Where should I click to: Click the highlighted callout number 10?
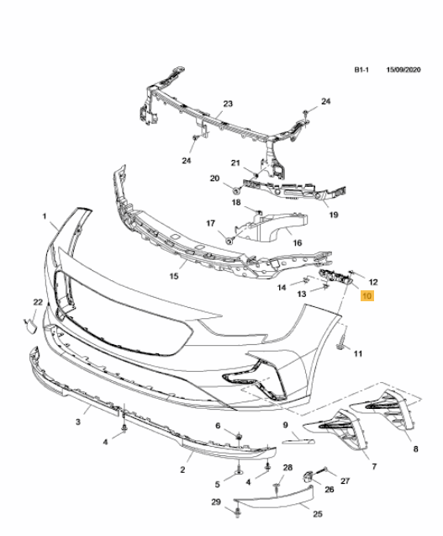[367, 295]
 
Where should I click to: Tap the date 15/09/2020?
[403, 70]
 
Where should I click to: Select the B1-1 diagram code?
[361, 70]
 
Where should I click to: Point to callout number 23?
[228, 103]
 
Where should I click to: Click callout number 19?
[334, 215]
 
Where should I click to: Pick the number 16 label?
[298, 242]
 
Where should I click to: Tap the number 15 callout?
[174, 276]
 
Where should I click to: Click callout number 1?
[44, 216]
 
